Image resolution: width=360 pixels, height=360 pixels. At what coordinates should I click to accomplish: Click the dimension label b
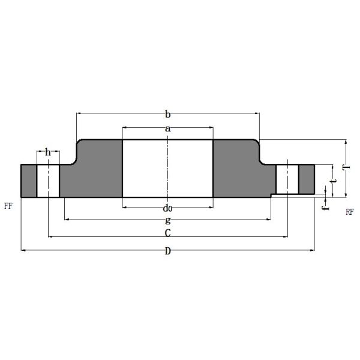pyautogui.click(x=168, y=114)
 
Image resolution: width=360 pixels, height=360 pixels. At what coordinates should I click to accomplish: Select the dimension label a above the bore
pyautogui.click(x=168, y=128)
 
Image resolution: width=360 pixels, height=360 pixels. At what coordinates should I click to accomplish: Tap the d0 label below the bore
pyautogui.click(x=168, y=208)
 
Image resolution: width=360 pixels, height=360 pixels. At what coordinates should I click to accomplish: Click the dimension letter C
pyautogui.click(x=168, y=232)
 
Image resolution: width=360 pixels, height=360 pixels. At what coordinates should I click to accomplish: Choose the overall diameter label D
pyautogui.click(x=168, y=251)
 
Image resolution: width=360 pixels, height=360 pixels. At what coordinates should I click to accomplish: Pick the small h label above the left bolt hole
pyautogui.click(x=48, y=152)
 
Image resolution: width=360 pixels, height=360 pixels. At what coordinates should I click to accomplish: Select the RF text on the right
pyautogui.click(x=350, y=212)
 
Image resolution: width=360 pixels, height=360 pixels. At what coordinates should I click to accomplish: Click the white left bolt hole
pyautogui.click(x=48, y=180)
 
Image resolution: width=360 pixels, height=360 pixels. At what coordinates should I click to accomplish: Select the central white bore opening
pyautogui.click(x=168, y=169)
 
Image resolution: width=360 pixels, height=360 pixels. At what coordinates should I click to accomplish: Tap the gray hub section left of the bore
pyautogui.click(x=96, y=171)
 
